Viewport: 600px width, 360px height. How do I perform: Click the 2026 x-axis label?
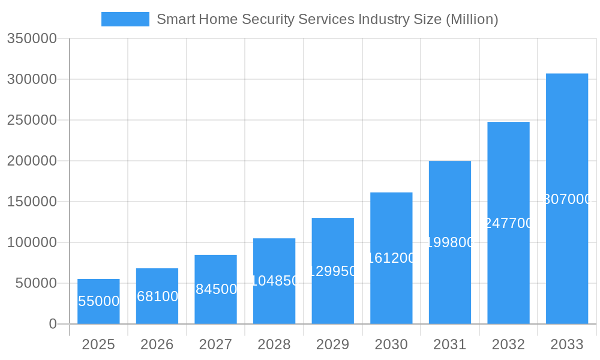[x=157, y=344]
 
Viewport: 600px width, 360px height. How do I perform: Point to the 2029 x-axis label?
[x=332, y=344]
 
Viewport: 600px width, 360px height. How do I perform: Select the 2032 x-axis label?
[x=508, y=344]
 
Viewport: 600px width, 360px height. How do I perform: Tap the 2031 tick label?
[x=450, y=344]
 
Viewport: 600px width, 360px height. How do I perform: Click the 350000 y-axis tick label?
[x=32, y=38]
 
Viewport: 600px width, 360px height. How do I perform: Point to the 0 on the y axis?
[x=52, y=324]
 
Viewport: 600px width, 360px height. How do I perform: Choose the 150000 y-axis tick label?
[x=32, y=202]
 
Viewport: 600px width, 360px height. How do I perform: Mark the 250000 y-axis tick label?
[x=32, y=120]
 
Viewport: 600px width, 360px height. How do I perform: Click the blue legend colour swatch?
[x=125, y=19]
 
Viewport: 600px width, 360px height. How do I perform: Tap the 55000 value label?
[x=99, y=301]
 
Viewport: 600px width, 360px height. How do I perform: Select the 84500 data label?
[x=216, y=289]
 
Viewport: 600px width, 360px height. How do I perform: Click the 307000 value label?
[x=567, y=199]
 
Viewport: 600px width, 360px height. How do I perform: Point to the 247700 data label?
[x=508, y=223]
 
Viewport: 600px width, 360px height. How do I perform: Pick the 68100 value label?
[x=157, y=296]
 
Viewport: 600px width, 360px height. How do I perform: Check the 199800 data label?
[x=450, y=242]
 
